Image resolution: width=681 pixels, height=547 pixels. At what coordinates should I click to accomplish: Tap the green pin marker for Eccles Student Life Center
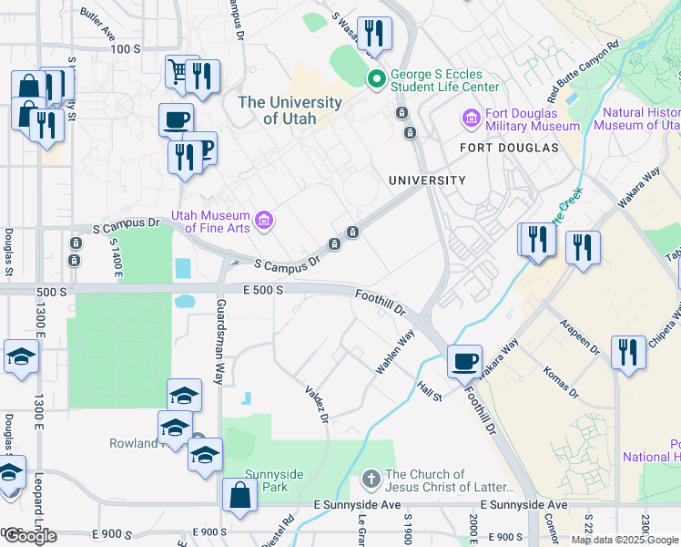[x=374, y=80]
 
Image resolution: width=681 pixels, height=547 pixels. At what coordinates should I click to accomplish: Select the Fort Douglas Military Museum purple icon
[x=471, y=119]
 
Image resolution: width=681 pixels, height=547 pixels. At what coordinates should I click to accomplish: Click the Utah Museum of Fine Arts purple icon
[x=264, y=220]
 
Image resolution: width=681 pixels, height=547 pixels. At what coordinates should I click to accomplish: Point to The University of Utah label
[x=290, y=110]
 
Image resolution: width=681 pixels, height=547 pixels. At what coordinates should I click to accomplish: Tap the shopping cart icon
[x=178, y=69]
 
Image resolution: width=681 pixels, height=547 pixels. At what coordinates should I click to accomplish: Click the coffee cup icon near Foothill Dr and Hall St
[x=465, y=360]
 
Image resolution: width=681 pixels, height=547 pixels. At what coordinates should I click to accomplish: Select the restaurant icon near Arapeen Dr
[x=626, y=352]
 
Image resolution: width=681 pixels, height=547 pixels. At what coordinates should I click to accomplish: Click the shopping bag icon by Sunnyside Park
[x=239, y=496]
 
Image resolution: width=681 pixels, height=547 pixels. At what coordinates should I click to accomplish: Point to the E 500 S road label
[x=264, y=289]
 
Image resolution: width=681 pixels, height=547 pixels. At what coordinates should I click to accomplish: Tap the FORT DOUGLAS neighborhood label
[x=509, y=148]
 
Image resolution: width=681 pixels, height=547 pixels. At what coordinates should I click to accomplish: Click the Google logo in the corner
[x=29, y=536]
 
